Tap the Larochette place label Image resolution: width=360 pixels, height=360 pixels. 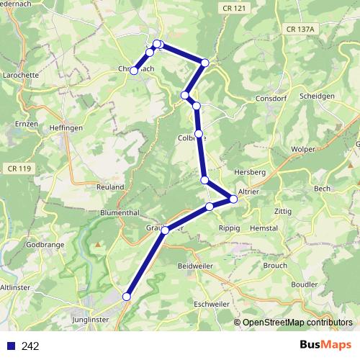(x=20, y=74)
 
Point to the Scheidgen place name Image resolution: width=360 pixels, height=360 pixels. (x=318, y=96)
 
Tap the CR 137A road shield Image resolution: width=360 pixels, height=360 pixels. (x=300, y=30)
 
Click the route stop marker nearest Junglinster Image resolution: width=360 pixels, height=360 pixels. (x=127, y=297)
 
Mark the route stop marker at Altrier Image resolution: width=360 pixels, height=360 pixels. (x=233, y=199)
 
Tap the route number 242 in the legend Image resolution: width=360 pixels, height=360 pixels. (x=30, y=346)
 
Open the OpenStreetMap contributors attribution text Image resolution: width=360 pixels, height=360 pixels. (x=297, y=323)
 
